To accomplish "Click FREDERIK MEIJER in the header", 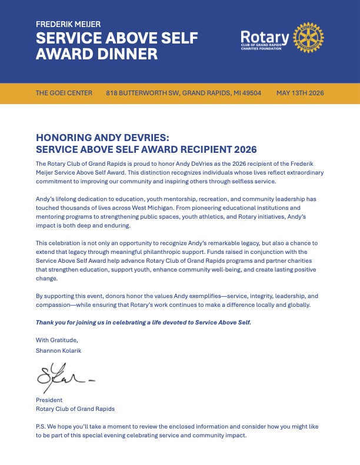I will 68,24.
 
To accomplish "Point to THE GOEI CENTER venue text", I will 64,93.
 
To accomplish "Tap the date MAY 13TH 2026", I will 300,93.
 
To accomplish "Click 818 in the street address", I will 112,93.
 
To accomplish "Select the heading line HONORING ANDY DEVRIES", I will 102,137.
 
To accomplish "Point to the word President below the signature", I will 49,400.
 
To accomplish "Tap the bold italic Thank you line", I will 144,322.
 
